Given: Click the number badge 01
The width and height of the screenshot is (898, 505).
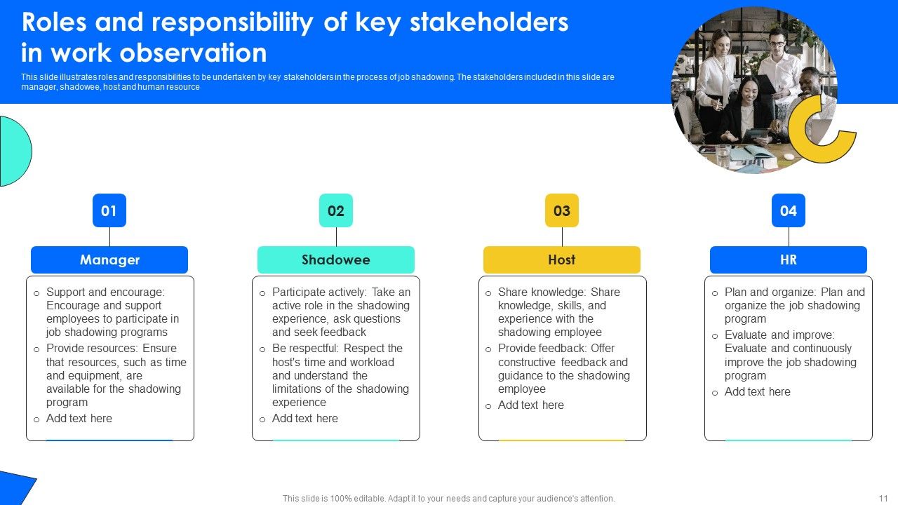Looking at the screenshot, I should tap(109, 210).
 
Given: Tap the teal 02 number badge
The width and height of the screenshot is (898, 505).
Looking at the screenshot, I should tap(336, 210).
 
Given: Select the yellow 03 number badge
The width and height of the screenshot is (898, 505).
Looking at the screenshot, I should tap(562, 210).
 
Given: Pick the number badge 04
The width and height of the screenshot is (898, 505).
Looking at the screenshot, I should tap(789, 210).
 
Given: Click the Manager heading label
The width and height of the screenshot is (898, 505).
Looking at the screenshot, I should tap(109, 260).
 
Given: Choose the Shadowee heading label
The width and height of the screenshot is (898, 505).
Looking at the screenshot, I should tap(336, 260).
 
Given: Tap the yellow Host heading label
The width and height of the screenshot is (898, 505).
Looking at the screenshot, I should tap(562, 260).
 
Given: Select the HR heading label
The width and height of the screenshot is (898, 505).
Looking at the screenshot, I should tap(789, 260).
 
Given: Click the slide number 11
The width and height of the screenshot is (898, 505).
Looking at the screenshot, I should tap(883, 499).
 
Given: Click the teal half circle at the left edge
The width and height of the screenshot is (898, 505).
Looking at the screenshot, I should tap(15, 151).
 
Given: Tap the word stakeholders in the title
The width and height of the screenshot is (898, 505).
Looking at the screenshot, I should tap(489, 23).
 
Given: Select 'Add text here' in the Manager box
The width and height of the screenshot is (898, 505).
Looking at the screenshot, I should tap(79, 418).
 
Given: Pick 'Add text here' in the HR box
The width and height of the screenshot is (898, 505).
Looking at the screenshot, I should tap(758, 391).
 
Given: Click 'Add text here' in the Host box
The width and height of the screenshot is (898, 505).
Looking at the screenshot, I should tap(531, 405).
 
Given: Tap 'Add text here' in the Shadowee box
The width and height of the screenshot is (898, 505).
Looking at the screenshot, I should tap(305, 418).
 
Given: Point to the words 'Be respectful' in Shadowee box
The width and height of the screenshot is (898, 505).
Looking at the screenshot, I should tap(305, 349).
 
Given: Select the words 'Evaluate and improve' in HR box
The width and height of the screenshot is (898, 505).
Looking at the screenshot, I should tap(779, 335).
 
